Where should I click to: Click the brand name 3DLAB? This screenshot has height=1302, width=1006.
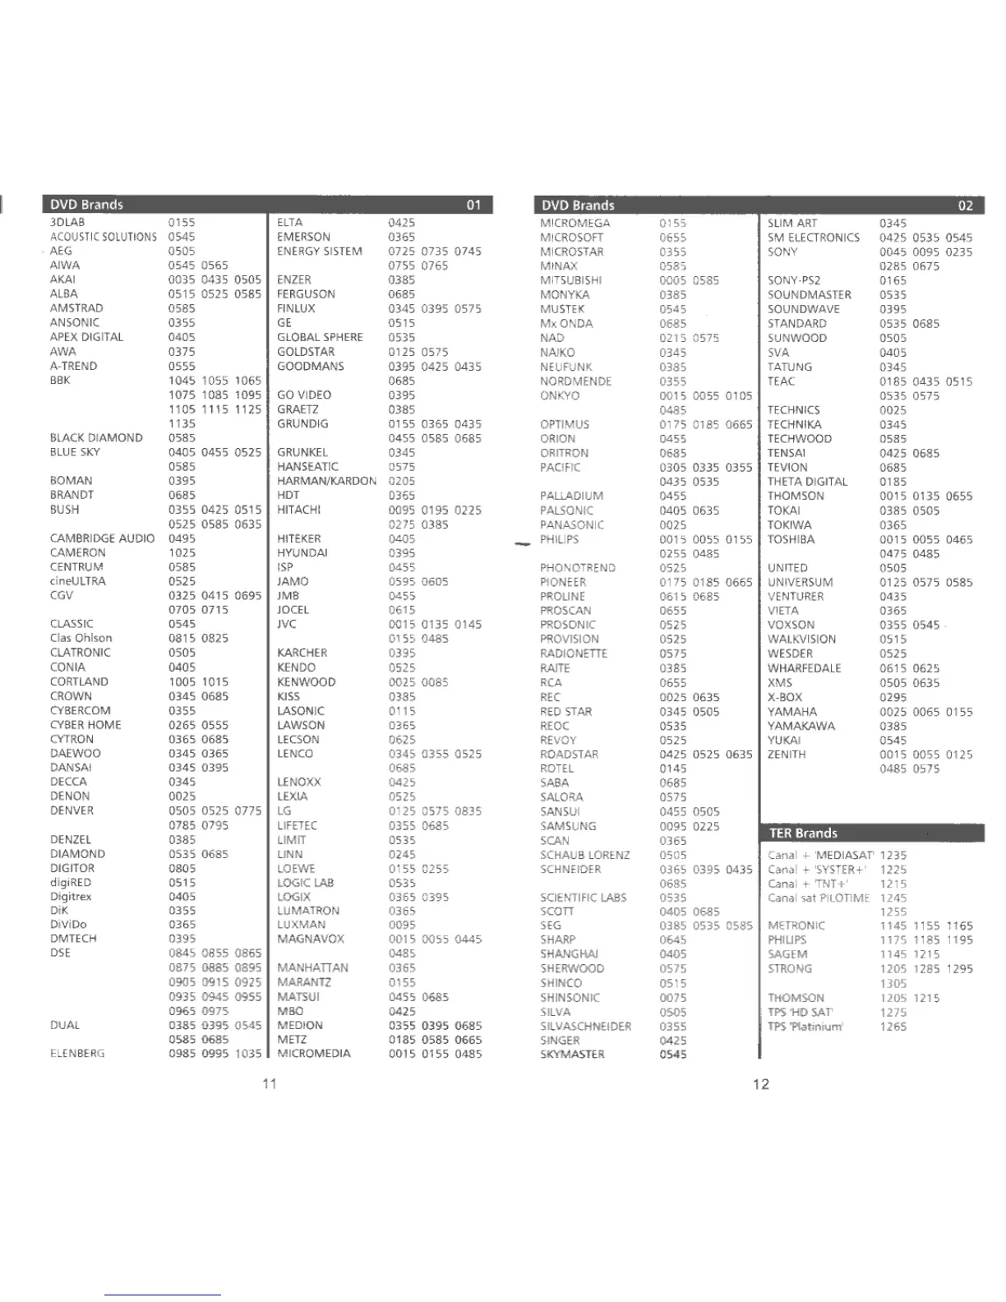pos(67,222)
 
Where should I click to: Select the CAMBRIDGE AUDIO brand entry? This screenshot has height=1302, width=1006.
pos(102,538)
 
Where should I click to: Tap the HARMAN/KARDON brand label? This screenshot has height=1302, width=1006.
pos(326,481)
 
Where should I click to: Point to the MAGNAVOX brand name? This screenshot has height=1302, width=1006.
pos(311,939)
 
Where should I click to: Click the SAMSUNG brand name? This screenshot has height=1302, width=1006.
pos(568,826)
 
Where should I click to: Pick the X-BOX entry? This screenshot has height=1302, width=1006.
pos(785,697)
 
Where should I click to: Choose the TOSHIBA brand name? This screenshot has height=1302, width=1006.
pos(791,539)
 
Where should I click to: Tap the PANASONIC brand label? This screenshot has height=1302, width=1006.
pos(572,524)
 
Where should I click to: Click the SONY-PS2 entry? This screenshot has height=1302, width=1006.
pos(794,280)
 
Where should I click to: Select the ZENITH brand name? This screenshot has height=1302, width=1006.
pos(787,754)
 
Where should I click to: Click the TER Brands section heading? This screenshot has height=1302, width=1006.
pos(803,833)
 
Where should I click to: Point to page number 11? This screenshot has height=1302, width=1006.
pos(270,1083)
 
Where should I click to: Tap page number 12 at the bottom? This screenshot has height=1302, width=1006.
pos(761,1083)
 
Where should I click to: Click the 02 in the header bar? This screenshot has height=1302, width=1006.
pos(965,205)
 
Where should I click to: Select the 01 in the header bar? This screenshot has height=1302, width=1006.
pos(473,205)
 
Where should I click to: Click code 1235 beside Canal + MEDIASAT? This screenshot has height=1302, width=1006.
pos(893,855)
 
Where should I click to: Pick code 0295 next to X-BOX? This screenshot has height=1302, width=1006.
pos(893,697)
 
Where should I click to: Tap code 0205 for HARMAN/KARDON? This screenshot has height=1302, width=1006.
pos(402,481)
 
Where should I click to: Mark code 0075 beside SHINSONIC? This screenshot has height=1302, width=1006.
pos(672,997)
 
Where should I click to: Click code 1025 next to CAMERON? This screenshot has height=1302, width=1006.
pos(182,552)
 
